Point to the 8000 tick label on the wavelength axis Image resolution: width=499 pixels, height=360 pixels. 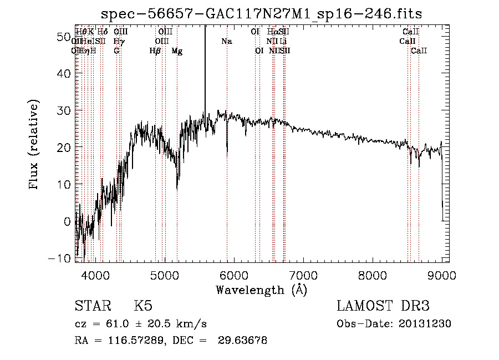373,275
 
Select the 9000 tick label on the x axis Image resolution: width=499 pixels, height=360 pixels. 442,275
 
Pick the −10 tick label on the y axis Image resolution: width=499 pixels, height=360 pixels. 60,258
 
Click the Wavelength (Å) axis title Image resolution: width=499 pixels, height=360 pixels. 261,290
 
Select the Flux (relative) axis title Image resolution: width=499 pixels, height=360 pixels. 35,145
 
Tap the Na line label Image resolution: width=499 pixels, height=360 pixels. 226,41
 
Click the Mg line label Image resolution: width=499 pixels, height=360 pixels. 177,51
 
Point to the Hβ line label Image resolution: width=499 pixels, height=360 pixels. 155,51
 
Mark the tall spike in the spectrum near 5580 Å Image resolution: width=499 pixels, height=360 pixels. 205,67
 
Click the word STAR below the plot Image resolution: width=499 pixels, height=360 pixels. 93,307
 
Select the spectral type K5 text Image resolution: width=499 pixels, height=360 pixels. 143,307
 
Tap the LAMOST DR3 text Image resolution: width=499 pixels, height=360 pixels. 383,307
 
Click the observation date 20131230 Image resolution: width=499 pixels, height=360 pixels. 427,324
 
